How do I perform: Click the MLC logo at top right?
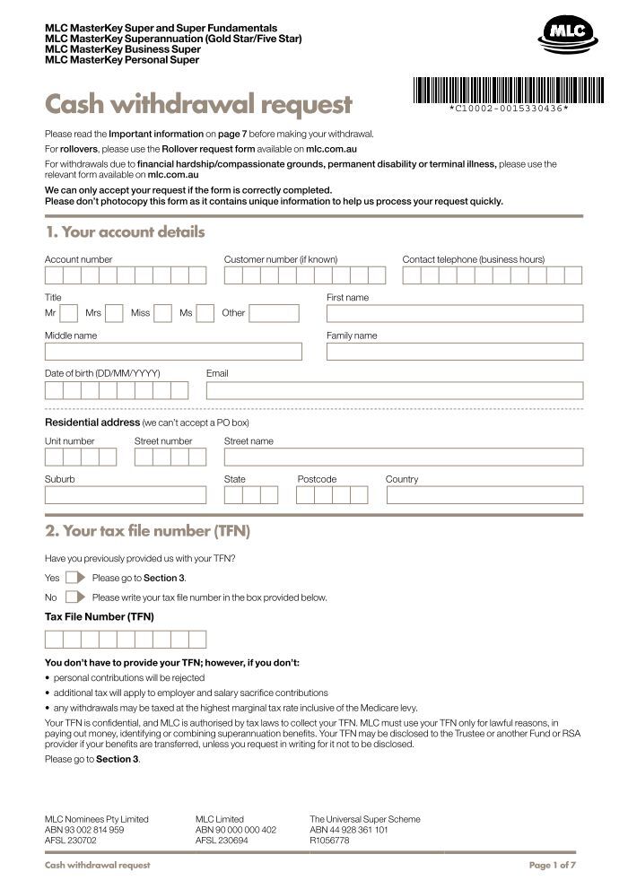pyautogui.click(x=565, y=36)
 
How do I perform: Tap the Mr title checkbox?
pyautogui.click(x=69, y=313)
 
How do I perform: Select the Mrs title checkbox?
pyautogui.click(x=114, y=313)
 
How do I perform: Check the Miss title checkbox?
pyautogui.click(x=162, y=313)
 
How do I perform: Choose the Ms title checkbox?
pyautogui.click(x=205, y=313)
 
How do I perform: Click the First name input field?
pyautogui.click(x=454, y=313)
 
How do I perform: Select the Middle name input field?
pyautogui.click(x=173, y=352)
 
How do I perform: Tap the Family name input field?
pyautogui.click(x=454, y=352)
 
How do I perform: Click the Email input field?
pyautogui.click(x=394, y=390)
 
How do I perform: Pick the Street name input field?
pyautogui.click(x=403, y=457)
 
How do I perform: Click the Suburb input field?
pyautogui.click(x=125, y=495)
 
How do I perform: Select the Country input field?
pyautogui.click(x=484, y=495)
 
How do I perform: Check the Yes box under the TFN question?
pyautogui.click(x=73, y=578)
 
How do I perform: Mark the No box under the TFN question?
pyautogui.click(x=73, y=597)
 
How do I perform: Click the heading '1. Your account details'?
pyautogui.click(x=126, y=232)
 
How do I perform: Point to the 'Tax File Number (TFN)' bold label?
pyautogui.click(x=100, y=617)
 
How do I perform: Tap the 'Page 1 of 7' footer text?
pyautogui.click(x=552, y=865)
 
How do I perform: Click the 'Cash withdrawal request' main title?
pyautogui.click(x=198, y=105)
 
